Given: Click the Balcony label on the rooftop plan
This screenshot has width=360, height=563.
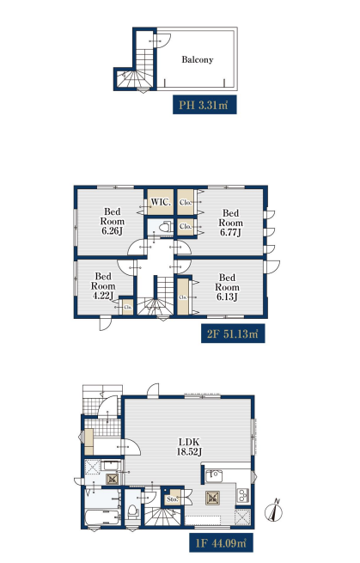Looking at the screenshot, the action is pos(197,59).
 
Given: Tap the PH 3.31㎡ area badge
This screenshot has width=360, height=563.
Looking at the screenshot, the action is pos(204,105).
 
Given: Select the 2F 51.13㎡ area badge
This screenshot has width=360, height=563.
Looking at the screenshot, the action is pos(233,334).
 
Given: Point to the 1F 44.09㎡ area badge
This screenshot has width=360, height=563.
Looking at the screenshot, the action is pos(221,542).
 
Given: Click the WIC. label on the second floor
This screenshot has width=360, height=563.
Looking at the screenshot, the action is pos(161,202).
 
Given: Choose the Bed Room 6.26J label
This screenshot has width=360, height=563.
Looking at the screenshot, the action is pos(113,221).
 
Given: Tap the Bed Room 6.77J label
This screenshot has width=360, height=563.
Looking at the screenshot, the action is pos(231,223).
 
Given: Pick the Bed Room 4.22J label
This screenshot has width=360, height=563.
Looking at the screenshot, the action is pos(103,286).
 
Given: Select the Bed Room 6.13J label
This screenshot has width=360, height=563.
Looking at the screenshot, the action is pos(227,287).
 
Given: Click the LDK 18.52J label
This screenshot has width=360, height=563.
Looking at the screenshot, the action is pos(189,447).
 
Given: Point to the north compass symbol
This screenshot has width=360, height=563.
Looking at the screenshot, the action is pos(273,511).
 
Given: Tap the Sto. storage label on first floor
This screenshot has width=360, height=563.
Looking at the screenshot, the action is pos(173,499).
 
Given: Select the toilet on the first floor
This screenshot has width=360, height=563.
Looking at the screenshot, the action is pos(132,511).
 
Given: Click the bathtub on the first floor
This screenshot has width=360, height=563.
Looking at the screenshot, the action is pos(102,517).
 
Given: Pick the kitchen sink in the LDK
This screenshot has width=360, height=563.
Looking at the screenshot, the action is pos(214,476).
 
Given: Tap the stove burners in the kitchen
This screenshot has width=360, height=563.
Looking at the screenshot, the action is pos(243,495).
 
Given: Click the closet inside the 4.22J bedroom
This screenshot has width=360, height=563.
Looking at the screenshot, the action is pos(128,307).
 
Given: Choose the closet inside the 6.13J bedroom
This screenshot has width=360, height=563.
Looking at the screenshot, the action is pos(183,297).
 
